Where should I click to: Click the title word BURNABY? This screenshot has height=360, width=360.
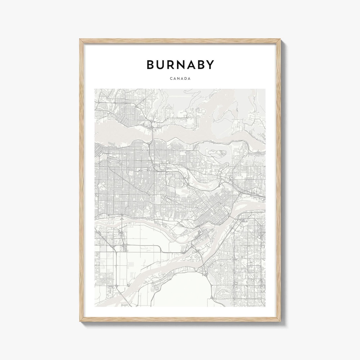coord(180,65)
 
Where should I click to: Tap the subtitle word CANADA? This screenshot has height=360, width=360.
coord(180,79)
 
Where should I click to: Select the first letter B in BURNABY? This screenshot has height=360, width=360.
coord(151,65)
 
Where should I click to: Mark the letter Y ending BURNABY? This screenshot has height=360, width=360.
coord(210,65)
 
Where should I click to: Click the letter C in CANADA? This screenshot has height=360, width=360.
coord(171,79)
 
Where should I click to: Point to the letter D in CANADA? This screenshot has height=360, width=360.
coord(185,79)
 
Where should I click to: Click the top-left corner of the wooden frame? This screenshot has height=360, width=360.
coord(80,39)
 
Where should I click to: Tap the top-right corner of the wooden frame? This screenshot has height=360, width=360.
coord(280,39)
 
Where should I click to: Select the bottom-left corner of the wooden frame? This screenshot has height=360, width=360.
coord(80,321)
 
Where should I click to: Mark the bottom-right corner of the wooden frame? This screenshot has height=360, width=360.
coord(280,321)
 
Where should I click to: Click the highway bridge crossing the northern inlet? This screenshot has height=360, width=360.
coord(152,133)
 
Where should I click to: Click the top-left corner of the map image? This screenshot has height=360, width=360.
coord(95,89)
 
